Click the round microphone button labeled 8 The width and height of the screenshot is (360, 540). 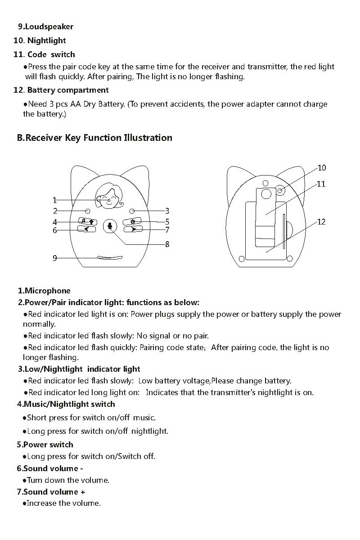[109, 225]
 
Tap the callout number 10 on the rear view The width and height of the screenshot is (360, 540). [322, 168]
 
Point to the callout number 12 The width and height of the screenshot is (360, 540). [321, 222]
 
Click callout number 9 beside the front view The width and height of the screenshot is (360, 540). [55, 258]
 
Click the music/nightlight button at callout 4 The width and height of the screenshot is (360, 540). [88, 221]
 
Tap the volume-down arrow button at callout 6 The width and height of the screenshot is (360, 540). [87, 229]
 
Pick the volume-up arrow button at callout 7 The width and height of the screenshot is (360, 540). [133, 229]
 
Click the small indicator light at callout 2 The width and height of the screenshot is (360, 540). [88, 211]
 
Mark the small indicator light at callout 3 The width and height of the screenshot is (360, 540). [132, 211]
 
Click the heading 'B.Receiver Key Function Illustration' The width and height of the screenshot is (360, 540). [94, 138]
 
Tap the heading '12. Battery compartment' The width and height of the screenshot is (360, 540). [61, 90]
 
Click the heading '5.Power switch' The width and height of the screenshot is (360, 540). [45, 445]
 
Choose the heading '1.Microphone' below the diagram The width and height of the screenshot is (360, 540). [44, 291]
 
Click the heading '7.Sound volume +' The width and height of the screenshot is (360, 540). [51, 492]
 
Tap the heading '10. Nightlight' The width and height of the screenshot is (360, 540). [40, 40]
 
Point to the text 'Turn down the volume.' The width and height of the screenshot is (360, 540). [68, 480]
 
